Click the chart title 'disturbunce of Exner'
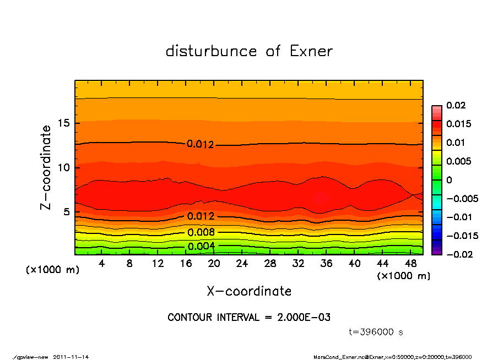click(249, 51)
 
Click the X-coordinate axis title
click(249, 291)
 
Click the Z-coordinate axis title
click(46, 167)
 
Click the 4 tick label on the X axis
click(101, 264)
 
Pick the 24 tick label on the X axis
click(242, 264)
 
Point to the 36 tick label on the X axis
click(326, 264)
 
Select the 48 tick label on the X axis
click(410, 264)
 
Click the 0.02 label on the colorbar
click(456, 105)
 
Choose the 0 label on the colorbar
click(449, 179)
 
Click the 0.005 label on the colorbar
click(458, 161)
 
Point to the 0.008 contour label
click(201, 232)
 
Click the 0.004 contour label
click(201, 246)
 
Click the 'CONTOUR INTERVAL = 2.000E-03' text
click(249, 318)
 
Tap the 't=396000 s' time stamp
click(376, 332)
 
